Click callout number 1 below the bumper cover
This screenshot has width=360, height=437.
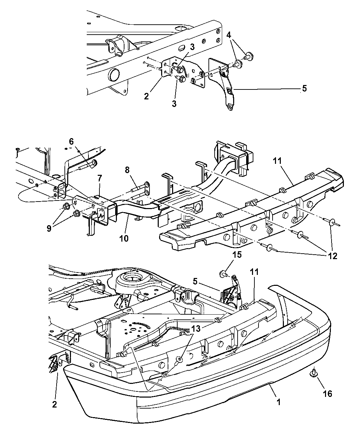278,402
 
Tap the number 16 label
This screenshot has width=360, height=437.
327,393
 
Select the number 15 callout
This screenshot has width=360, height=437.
237,254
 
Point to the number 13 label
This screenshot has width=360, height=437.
196,329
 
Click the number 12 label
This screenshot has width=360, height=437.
332,256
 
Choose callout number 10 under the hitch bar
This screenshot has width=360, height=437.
124,238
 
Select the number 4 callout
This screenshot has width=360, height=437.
229,35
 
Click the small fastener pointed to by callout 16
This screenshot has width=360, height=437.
313,373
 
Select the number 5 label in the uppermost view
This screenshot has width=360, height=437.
304,88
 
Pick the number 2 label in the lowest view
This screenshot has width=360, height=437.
55,404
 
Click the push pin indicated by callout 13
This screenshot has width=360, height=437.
179,359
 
